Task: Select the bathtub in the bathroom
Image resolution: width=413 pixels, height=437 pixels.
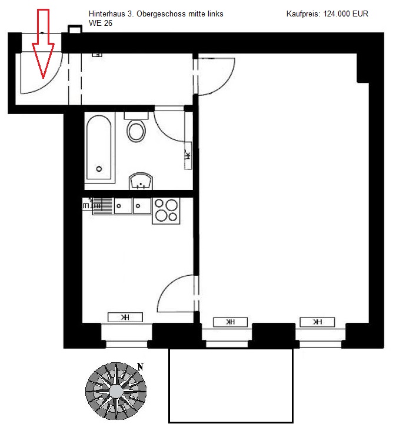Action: [x=99, y=148]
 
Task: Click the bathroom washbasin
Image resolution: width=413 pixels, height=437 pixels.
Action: [x=141, y=181]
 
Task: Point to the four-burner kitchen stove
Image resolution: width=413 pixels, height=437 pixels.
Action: [x=166, y=211]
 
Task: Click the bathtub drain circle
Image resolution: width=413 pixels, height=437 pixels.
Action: [x=99, y=169]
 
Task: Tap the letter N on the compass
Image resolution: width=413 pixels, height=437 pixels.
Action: [x=140, y=367]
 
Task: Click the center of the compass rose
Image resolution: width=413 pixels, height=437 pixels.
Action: [x=116, y=391]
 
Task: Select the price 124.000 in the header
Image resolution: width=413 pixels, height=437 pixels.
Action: [x=337, y=14]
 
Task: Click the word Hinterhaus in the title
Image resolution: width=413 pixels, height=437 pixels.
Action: [x=106, y=14]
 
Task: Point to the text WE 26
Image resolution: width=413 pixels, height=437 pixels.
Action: [x=101, y=23]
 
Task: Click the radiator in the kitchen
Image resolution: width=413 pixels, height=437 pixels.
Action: [x=125, y=317]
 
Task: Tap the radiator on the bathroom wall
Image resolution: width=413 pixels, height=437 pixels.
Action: [x=188, y=155]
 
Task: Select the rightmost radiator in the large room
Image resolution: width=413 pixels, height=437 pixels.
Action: [x=317, y=322]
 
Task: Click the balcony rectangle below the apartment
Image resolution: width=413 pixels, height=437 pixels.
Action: [x=231, y=385]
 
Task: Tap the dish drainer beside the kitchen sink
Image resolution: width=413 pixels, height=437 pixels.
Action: [x=102, y=206]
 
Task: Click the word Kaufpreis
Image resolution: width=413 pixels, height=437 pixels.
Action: [x=303, y=14]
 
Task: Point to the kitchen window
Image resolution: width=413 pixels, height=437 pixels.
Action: [x=126, y=336]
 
